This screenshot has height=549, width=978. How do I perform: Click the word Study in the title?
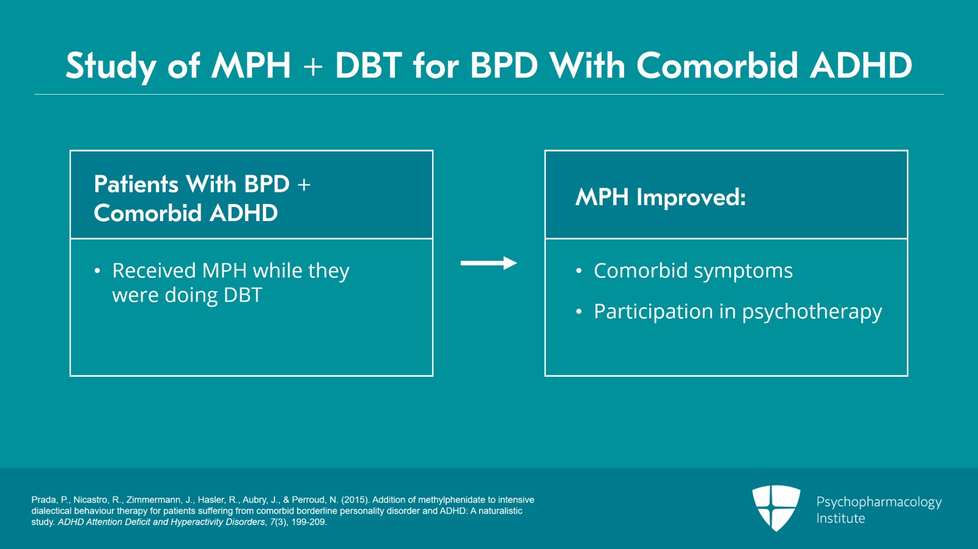(111, 66)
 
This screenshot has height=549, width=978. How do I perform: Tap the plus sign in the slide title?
(312, 67)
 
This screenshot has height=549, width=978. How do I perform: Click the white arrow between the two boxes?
(488, 263)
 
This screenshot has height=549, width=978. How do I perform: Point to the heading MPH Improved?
(660, 197)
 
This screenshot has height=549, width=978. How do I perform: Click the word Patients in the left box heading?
(136, 184)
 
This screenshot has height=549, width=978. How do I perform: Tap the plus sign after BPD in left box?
(304, 184)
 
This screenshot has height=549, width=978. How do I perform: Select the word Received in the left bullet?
(153, 271)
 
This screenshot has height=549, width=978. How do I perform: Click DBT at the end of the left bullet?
(243, 296)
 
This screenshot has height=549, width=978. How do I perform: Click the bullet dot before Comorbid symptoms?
(579, 271)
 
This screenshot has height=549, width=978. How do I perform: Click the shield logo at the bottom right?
(776, 507)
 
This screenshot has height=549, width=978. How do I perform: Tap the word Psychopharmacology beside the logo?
(878, 502)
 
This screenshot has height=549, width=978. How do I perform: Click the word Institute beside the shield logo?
(840, 518)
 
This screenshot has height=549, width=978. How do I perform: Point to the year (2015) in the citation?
(355, 500)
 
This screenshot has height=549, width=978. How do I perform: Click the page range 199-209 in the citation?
(308, 522)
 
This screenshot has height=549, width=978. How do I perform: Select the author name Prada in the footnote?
(43, 500)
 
